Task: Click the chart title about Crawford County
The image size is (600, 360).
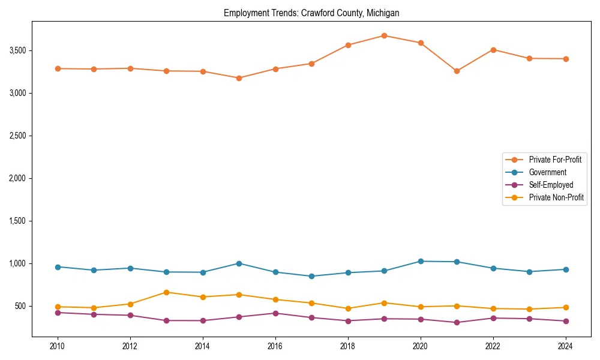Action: [311, 13]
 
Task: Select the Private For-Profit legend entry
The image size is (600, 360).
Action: [555, 160]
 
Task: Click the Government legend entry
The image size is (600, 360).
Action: [547, 172]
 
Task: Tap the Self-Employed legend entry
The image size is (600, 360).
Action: [551, 185]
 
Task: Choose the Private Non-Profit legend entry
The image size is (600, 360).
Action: [556, 197]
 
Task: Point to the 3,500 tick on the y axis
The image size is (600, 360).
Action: [17, 50]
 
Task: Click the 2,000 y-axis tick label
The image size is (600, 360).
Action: [17, 178]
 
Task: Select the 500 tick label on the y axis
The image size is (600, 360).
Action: [20, 306]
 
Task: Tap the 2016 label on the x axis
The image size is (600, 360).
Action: [275, 346]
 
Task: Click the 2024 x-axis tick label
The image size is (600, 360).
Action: [565, 346]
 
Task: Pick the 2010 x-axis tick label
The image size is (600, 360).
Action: [58, 346]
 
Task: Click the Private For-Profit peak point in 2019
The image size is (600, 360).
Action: [384, 35]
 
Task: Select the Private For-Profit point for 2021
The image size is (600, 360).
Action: [457, 71]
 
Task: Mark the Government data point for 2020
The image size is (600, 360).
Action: [421, 261]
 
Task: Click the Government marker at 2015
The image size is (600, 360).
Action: [239, 263]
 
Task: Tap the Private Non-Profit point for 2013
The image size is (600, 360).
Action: [166, 292]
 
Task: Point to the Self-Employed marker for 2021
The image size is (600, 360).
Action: [457, 322]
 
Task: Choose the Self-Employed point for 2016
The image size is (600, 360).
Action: [275, 313]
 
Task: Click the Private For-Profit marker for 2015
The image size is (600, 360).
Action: [239, 78]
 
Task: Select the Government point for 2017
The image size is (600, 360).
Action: [311, 276]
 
